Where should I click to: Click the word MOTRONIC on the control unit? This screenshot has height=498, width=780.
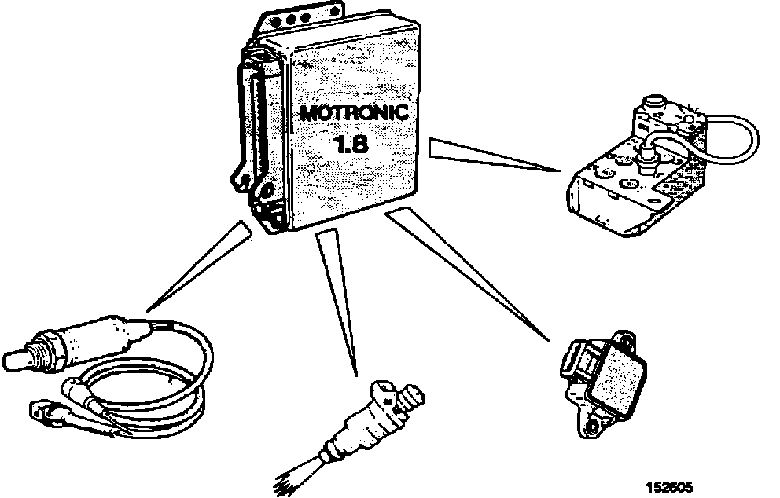[353, 112]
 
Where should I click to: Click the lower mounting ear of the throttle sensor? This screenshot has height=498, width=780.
[591, 425]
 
